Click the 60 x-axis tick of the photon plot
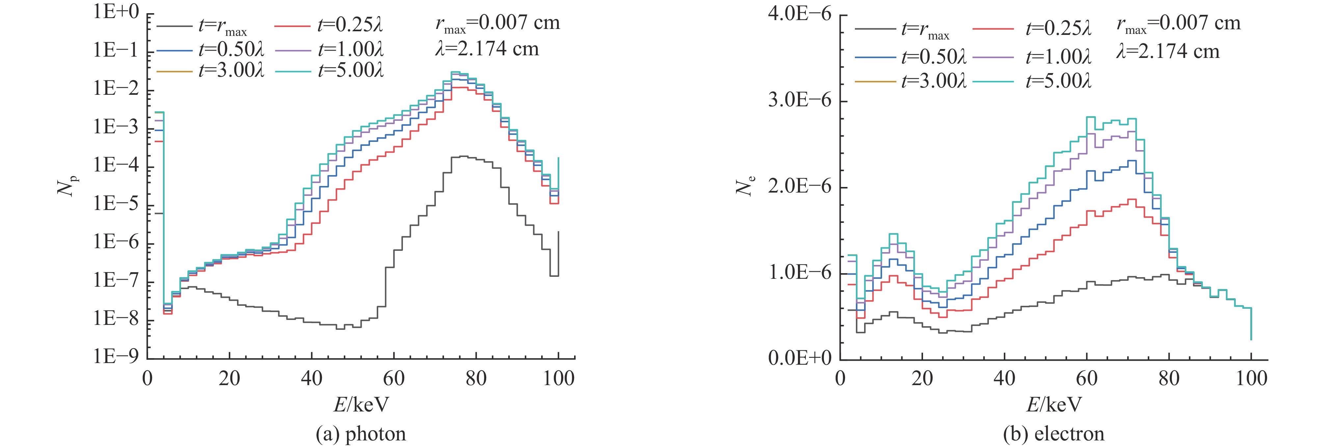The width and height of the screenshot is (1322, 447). point(394,379)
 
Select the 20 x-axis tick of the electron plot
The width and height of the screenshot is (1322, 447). point(922,379)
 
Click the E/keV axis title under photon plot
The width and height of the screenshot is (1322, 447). point(361,405)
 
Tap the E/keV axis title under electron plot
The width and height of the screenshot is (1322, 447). point(1054,405)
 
